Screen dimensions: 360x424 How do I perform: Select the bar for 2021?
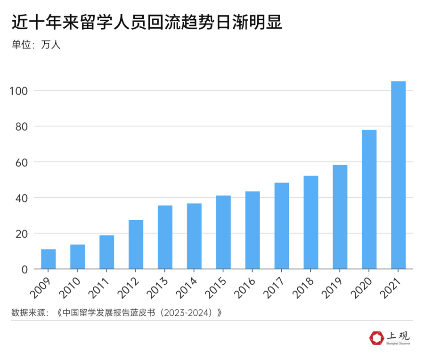coord(398,175)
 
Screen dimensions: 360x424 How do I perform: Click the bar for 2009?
coord(49,259)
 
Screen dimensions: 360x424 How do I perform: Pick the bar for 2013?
coord(165,237)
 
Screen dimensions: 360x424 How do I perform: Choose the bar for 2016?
coord(253,230)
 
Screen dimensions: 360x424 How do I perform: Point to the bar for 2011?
coord(107,252)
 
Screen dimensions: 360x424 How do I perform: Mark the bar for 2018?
coord(311,222)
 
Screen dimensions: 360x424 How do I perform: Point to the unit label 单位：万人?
coord(36,45)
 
